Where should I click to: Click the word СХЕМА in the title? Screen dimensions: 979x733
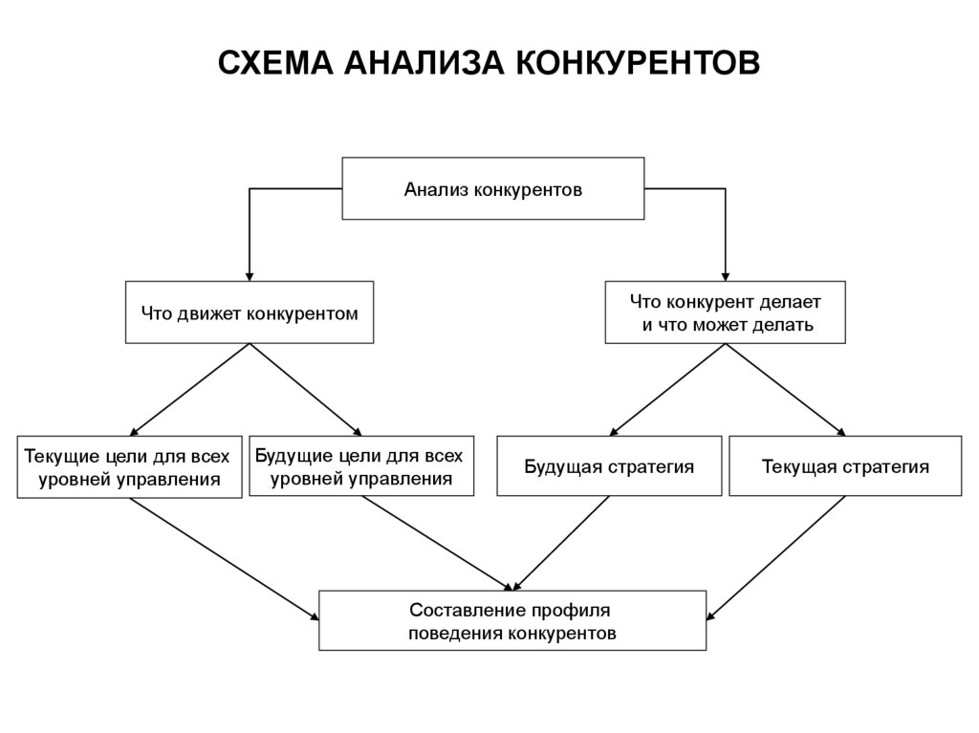point(274,62)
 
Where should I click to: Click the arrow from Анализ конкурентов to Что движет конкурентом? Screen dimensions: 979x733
point(250,188)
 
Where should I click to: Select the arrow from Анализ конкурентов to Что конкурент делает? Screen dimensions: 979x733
point(725,188)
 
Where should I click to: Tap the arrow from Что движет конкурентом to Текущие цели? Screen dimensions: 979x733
point(189,390)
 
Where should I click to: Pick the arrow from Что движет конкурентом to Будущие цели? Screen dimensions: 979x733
point(305,390)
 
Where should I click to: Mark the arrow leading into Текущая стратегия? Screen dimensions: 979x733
point(786,390)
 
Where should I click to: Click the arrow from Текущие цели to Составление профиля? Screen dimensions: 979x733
point(224,559)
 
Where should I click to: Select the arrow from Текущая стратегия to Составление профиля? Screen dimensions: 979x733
point(776,558)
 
